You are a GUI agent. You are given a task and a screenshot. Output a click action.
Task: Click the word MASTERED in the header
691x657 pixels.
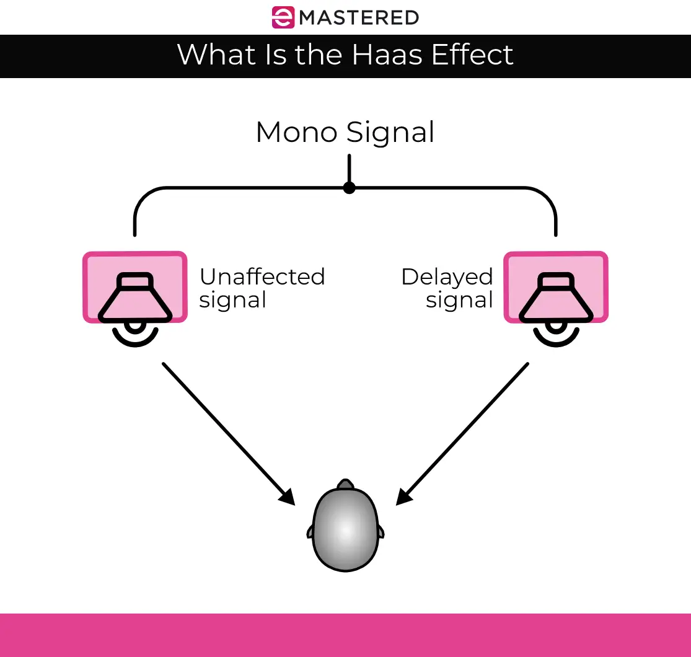point(359,17)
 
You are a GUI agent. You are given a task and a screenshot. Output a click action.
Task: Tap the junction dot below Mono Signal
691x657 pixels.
point(350,187)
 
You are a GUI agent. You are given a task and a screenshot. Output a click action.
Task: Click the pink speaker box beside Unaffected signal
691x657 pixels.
point(135,287)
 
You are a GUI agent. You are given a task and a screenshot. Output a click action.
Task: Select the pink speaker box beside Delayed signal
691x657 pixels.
point(556,287)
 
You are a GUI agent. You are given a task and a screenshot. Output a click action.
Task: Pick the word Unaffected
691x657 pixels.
point(262,276)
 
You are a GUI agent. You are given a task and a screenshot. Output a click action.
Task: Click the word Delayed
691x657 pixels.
point(447,276)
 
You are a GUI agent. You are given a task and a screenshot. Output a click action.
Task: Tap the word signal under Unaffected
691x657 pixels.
point(233,300)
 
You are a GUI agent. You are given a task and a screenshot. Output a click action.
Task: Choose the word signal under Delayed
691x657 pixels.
point(459,300)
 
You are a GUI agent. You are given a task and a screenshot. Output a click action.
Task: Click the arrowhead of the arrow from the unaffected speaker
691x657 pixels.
point(288,496)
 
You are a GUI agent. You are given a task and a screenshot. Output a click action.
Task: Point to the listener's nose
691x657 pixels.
point(345,483)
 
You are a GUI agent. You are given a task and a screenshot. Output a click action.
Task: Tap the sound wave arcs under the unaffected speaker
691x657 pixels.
point(135,333)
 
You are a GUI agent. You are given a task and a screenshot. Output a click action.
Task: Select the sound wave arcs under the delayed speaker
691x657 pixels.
point(556,333)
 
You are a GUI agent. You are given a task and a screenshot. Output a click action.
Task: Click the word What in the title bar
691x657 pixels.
point(212,55)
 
